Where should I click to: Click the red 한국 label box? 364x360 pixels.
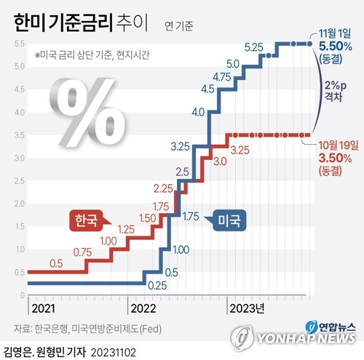point(85,221)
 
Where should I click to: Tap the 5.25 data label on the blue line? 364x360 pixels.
point(253,47)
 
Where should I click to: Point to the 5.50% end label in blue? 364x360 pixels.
point(335,46)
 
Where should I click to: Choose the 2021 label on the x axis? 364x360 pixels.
point(42,306)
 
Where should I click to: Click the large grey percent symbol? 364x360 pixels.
point(85,108)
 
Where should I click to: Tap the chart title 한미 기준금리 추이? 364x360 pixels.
point(81,23)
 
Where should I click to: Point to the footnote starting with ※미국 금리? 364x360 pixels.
point(92,55)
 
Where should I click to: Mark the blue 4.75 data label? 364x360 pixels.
point(222,76)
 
